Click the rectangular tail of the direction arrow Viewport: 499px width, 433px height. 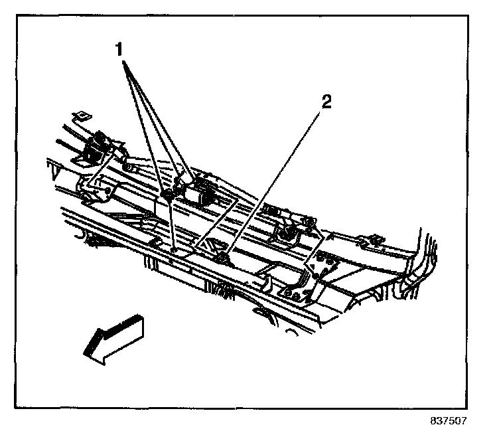coord(126,328)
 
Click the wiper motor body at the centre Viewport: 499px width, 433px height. coord(197,193)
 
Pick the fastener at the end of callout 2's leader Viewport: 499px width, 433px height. coord(221,256)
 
